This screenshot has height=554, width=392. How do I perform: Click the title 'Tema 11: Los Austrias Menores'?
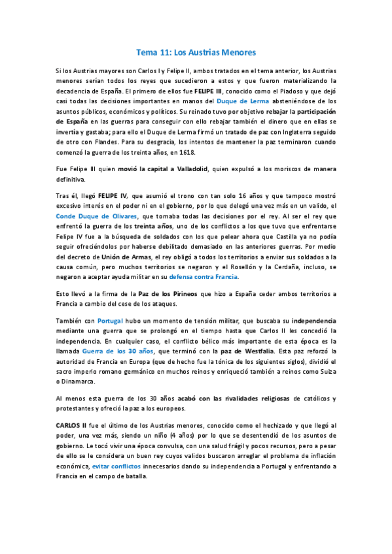(196, 51)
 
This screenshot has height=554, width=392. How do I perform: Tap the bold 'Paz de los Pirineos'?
(163, 294)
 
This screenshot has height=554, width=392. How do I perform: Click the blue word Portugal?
(111, 321)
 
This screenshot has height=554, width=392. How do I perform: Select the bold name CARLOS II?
(72, 425)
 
